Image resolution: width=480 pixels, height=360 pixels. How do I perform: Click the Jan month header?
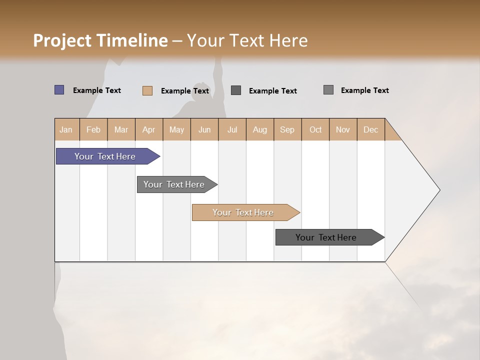pyautogui.click(x=66, y=129)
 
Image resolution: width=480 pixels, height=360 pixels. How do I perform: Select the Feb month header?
pyautogui.click(x=93, y=129)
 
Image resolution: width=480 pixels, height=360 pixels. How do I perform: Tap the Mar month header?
pyautogui.click(x=121, y=129)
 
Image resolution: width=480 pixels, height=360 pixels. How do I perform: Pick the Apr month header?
pyautogui.click(x=149, y=129)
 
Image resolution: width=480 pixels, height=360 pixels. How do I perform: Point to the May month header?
pyautogui.click(x=176, y=129)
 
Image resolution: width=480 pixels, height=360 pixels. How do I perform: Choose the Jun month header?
pyautogui.click(x=204, y=129)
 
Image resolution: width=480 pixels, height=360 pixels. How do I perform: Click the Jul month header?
pyautogui.click(x=232, y=129)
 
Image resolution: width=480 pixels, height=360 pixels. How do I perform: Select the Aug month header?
pyautogui.click(x=260, y=129)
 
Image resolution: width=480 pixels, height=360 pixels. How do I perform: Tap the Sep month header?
pyautogui.click(x=287, y=129)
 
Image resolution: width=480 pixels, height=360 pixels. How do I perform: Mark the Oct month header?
pyautogui.click(x=315, y=129)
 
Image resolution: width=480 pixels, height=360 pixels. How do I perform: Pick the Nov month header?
pyautogui.click(x=343, y=129)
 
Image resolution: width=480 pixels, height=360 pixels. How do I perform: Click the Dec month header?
pyautogui.click(x=371, y=129)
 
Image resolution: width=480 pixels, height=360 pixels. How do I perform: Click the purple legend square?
pyautogui.click(x=59, y=90)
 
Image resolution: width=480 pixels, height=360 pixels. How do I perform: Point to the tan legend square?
pyautogui.click(x=147, y=90)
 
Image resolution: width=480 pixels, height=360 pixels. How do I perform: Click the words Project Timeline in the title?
pyautogui.click(x=100, y=40)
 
